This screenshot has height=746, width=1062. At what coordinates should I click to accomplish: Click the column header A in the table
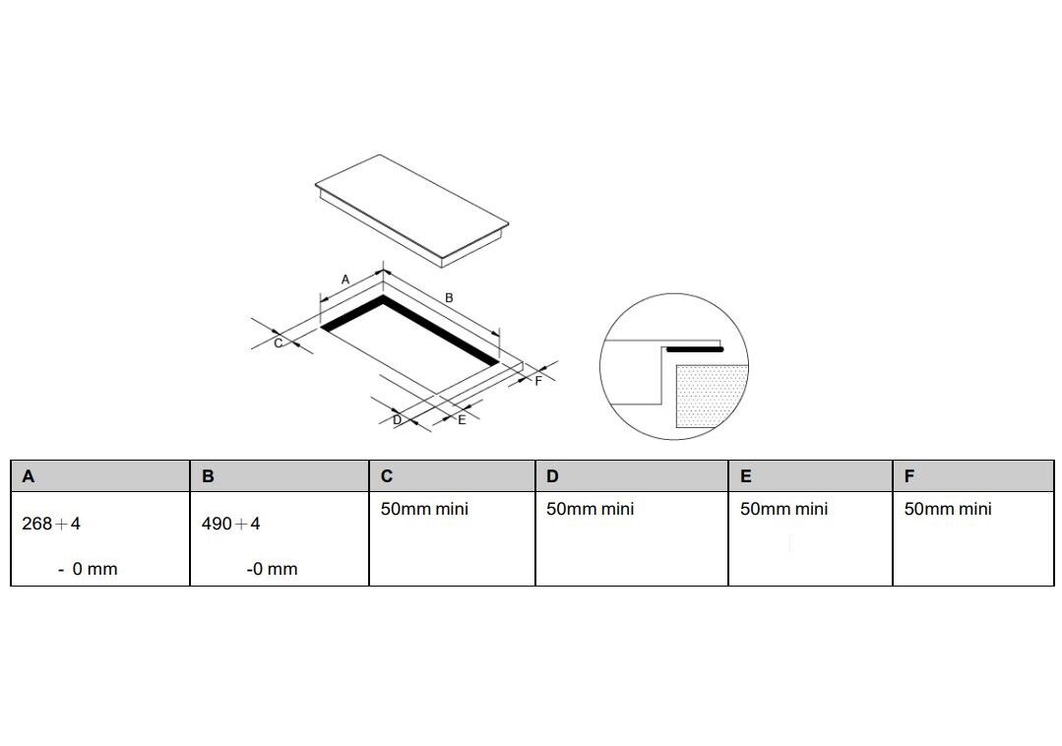pos(28,476)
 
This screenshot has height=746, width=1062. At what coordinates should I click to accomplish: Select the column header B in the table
pos(208,476)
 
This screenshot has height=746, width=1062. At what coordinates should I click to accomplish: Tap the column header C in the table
pos(387,476)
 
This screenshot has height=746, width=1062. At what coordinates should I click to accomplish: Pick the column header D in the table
pos(553,476)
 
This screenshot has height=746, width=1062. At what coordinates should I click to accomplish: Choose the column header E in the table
pos(746,476)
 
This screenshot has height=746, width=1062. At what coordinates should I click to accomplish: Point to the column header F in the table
pos(909,476)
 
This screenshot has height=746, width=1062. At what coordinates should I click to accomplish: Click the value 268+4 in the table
pos(51,524)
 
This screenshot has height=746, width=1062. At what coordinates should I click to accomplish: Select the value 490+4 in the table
pos(231,524)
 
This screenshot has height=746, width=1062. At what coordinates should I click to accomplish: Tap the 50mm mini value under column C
pos(424,509)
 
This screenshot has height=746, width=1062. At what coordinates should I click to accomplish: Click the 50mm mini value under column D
pos(591,509)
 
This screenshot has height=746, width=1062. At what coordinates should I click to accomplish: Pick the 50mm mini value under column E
pos(784,509)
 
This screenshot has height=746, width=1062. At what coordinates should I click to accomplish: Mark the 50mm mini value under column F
pos(948,509)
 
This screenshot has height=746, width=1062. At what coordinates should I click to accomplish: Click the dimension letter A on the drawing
pos(345,280)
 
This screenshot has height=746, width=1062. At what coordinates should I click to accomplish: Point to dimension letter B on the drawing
pos(449,298)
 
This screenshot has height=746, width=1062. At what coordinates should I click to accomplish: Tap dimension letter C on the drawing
pos(278,343)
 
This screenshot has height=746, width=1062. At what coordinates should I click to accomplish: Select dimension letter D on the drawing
pos(398,419)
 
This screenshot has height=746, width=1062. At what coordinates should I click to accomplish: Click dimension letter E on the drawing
pos(462,419)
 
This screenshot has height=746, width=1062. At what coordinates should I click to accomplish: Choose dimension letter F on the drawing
pos(538,381)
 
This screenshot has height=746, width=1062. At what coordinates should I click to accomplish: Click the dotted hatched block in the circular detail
pos(712,396)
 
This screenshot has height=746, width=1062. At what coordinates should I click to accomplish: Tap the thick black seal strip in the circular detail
pos(695,349)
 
